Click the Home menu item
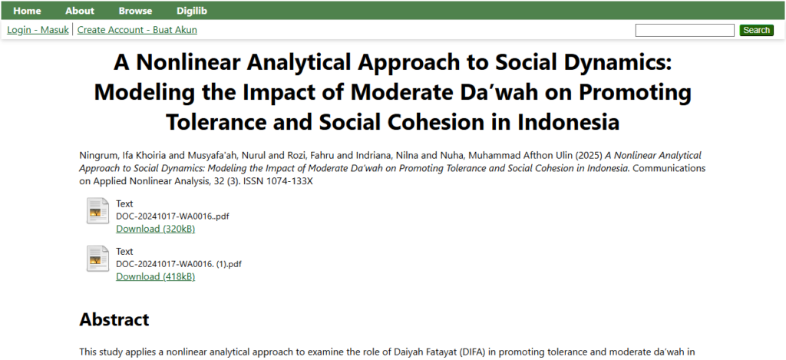pos(28,11)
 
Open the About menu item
pos(80,11)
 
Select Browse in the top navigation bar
pos(135,11)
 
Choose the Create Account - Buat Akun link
pos(137,30)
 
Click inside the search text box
pos(685,30)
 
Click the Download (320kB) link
pos(155,229)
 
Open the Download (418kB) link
pos(155,276)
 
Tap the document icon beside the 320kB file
pos(97,211)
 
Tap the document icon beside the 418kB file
pos(97,259)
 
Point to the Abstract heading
pos(114,319)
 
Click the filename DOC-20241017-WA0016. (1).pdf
pos(179,264)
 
